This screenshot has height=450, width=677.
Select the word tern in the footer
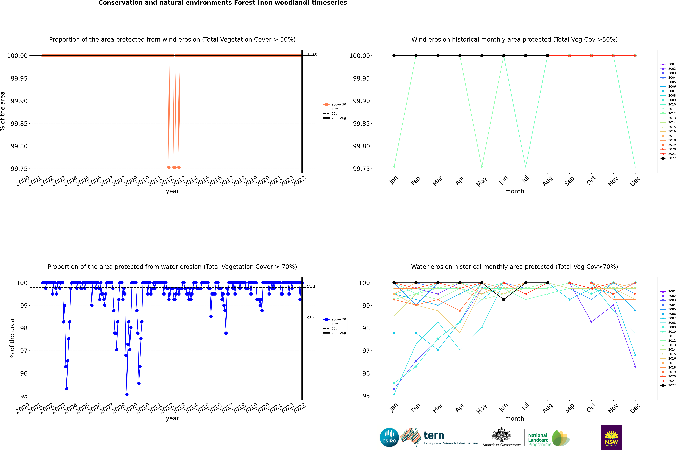click(434, 436)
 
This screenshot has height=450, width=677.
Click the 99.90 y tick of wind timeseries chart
click(19, 101)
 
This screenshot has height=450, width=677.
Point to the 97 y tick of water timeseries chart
click(24, 351)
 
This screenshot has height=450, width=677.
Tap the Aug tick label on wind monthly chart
click(547, 181)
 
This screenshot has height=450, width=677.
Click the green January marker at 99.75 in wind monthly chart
click(394, 167)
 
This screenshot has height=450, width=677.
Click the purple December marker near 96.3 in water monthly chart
click(635, 366)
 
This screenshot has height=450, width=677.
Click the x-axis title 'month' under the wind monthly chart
click(514, 191)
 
